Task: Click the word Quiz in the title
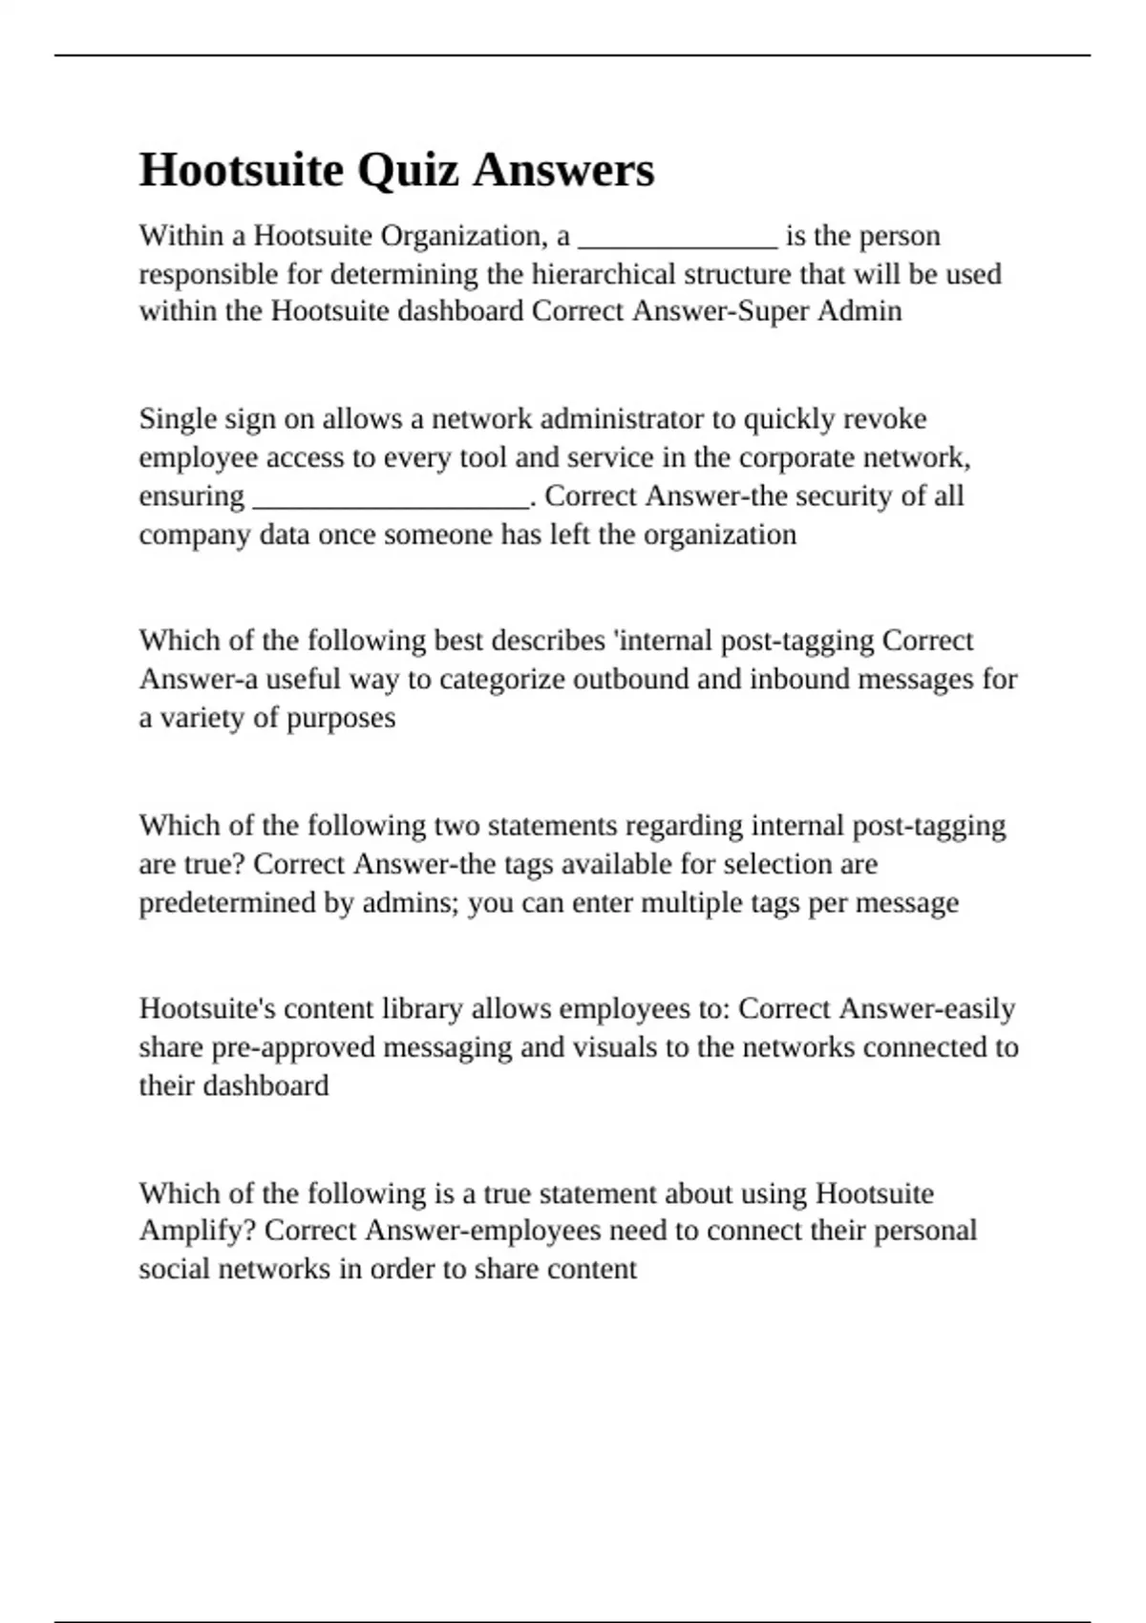[408, 172]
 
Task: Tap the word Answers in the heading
[563, 170]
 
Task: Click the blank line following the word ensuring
[391, 499]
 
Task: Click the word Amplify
[197, 1231]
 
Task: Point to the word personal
[925, 1230]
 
